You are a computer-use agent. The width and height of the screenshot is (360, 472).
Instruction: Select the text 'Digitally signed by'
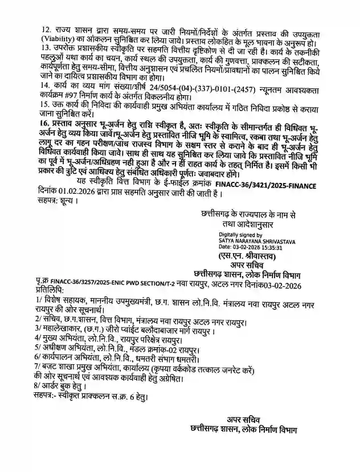click(x=226, y=234)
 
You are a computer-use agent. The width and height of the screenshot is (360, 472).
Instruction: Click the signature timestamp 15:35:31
click(x=270, y=248)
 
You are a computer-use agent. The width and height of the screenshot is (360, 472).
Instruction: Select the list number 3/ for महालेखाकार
click(x=38, y=328)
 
